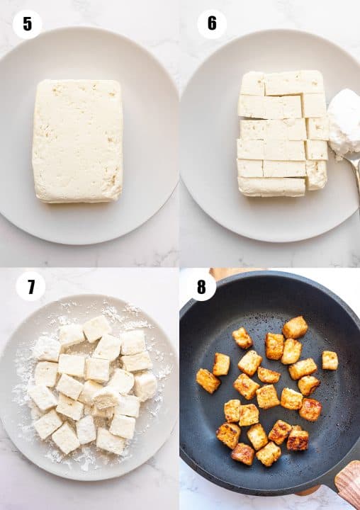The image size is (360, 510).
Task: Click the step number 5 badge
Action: click(x=28, y=24)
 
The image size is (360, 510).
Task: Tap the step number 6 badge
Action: click(x=212, y=24)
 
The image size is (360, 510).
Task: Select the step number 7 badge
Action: click(x=30, y=286)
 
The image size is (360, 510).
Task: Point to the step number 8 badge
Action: click(x=201, y=287)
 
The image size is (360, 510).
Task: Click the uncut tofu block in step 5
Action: click(x=77, y=141)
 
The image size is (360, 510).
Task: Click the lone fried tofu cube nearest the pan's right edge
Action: click(x=330, y=361)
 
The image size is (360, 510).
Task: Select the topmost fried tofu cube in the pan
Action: click(x=295, y=327)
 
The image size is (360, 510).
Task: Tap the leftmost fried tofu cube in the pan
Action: click(x=208, y=380)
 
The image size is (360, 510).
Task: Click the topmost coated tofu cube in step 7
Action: click(x=97, y=328)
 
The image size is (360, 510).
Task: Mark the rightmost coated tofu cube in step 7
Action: click(x=145, y=386)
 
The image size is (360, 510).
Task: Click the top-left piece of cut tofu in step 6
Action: click(x=252, y=84)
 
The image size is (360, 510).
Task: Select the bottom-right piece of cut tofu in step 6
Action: click(x=316, y=175)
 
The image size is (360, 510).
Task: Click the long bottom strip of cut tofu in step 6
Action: click(x=272, y=187)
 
